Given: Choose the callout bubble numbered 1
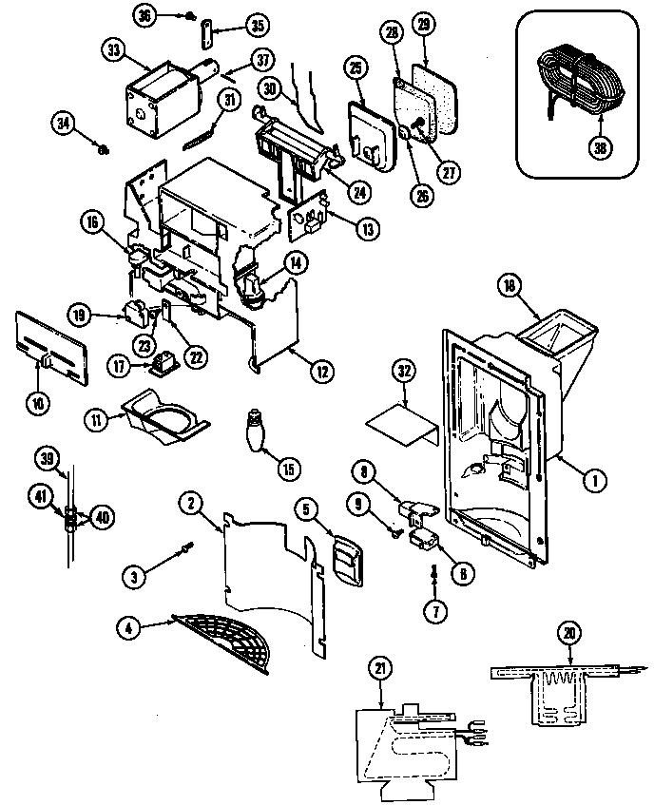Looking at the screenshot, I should point(592,481).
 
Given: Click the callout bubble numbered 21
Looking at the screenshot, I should point(380,670).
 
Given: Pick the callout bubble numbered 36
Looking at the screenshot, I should point(144,14).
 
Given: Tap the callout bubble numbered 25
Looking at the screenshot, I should point(356,67).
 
